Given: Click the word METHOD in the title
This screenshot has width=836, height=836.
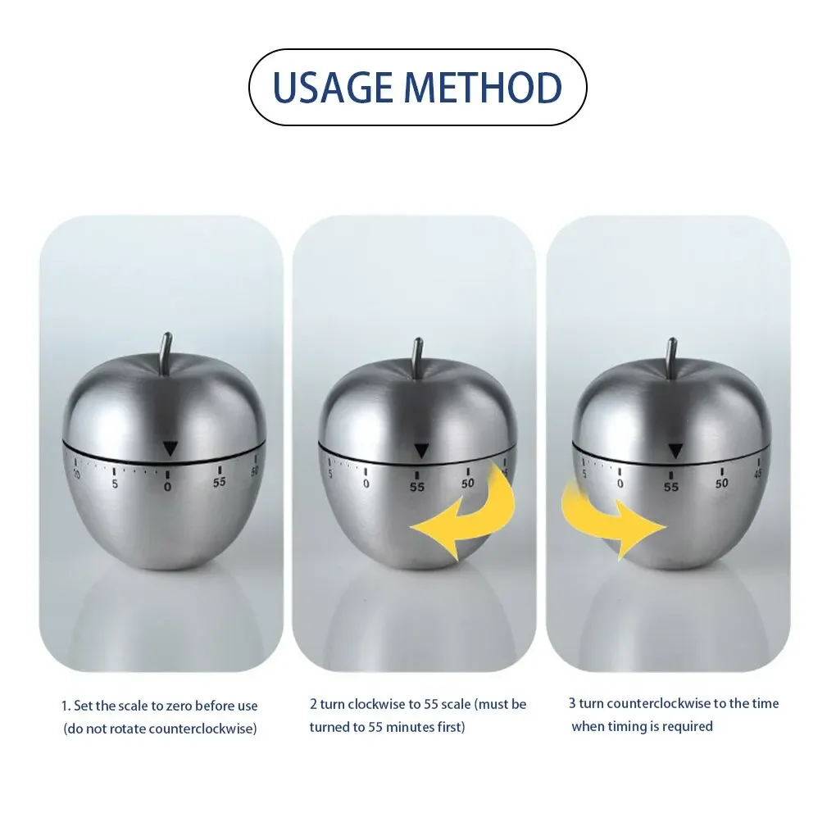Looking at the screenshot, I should [x=482, y=88].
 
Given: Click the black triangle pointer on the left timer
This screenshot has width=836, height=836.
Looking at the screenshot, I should [x=170, y=448].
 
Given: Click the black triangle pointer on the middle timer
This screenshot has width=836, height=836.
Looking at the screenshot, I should [x=421, y=451].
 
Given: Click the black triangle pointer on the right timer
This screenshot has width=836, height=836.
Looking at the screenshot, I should [x=675, y=451].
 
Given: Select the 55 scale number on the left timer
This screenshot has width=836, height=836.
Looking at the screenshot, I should [x=220, y=483].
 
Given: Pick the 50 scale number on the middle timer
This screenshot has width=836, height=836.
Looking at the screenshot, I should [x=468, y=484].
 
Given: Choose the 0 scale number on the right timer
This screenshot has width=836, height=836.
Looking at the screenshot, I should [x=620, y=484].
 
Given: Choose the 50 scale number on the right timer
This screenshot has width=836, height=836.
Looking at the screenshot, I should [x=722, y=484].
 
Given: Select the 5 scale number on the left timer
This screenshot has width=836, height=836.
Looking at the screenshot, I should [x=115, y=484].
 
